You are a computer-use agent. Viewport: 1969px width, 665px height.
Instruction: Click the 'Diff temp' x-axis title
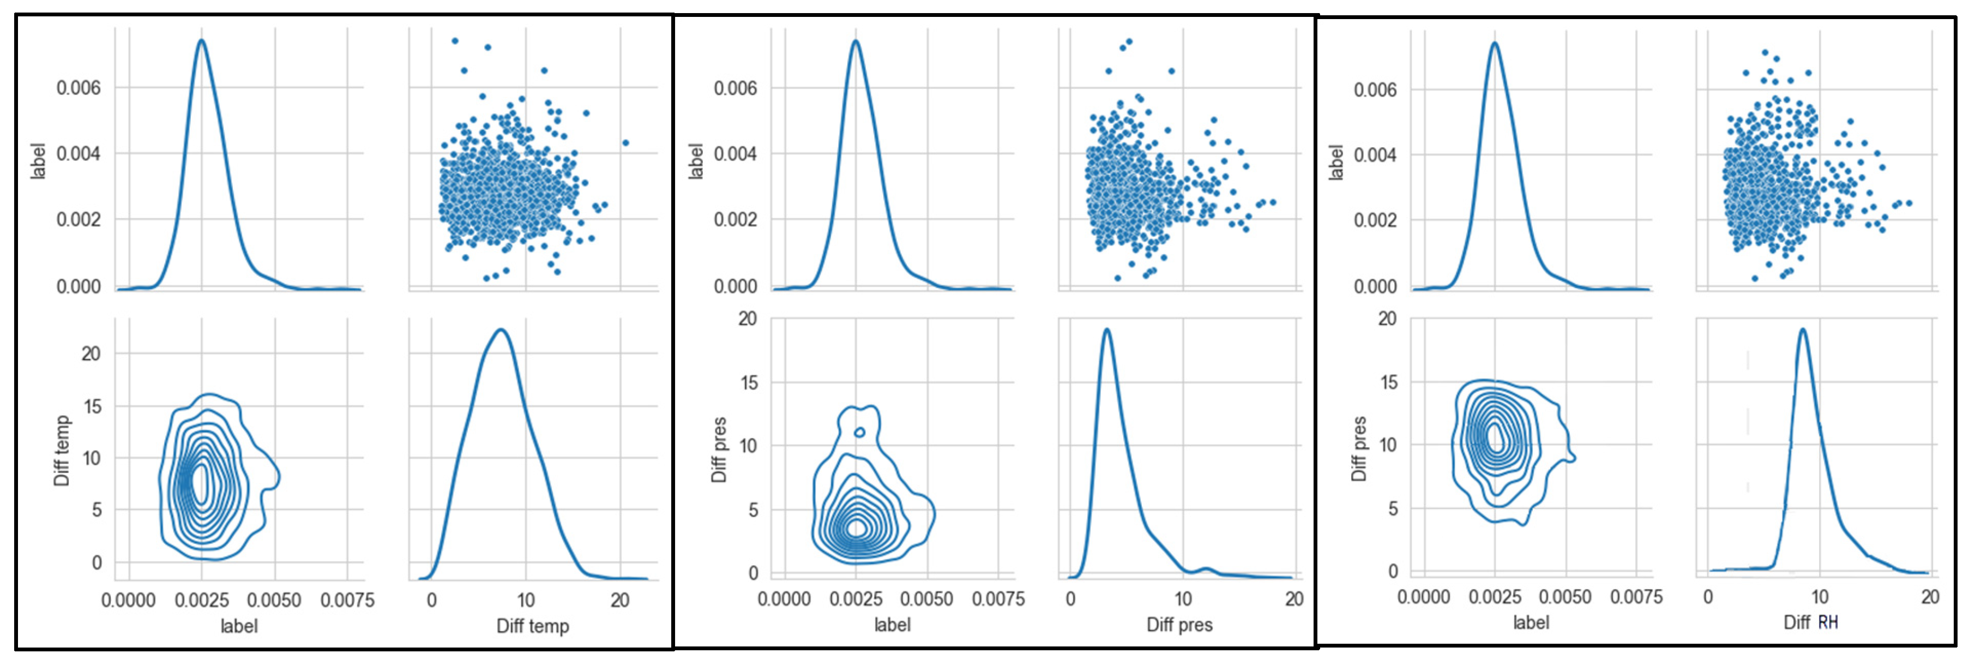coord(533,626)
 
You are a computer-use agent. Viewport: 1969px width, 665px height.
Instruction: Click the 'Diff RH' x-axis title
coord(1809,622)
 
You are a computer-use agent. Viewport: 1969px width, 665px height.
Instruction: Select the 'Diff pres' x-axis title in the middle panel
coord(1179,625)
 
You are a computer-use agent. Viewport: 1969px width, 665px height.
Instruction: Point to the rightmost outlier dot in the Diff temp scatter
coord(625,143)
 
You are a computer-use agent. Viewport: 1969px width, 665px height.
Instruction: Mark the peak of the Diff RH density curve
coord(1802,330)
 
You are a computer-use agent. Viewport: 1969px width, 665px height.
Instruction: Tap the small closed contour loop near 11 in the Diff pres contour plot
coord(859,433)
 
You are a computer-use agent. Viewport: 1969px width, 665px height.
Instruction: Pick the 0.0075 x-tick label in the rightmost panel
coord(1636,597)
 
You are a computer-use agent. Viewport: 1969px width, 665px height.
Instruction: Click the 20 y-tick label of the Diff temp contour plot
coord(91,353)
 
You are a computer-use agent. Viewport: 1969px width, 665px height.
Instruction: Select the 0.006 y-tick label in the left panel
coord(78,88)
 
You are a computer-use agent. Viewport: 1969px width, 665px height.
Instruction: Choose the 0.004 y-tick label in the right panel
coord(1375,155)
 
